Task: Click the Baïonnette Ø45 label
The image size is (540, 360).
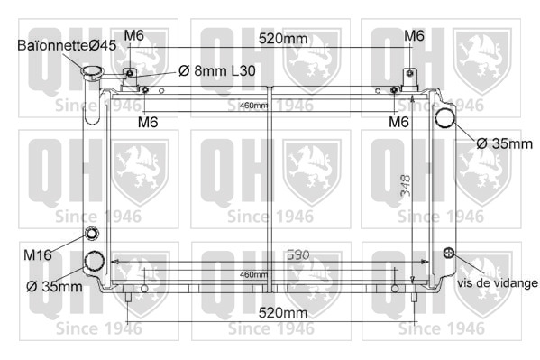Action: click(67, 45)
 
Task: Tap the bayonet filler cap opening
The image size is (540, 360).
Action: click(92, 71)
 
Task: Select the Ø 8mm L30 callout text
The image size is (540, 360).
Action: click(217, 71)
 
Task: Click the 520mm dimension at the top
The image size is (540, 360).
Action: click(283, 38)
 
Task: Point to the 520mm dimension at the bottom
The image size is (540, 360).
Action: click(283, 313)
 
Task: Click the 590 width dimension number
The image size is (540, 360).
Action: click(297, 254)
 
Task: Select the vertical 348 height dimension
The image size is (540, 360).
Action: click(406, 186)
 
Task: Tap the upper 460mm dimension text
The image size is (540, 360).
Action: click(253, 106)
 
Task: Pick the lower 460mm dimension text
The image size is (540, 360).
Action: click(253, 274)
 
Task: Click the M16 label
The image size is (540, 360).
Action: click(38, 255)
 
